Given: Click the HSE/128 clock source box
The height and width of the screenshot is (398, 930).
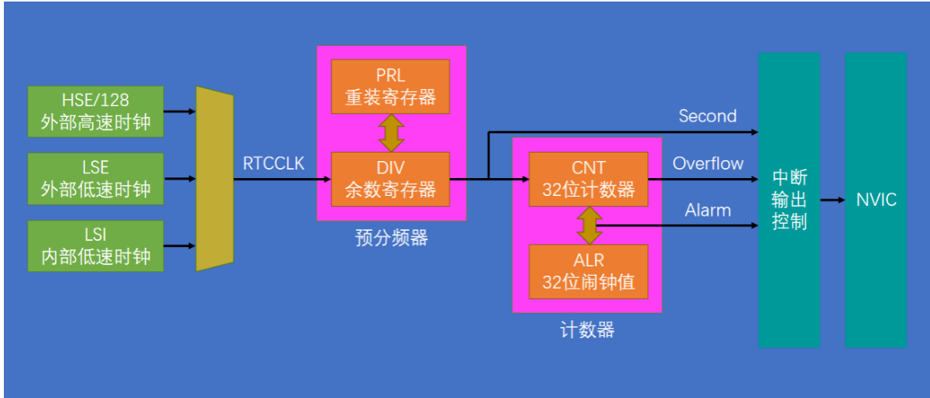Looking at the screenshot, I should tap(95, 111).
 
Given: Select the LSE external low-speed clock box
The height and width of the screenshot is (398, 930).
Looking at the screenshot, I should tap(95, 178).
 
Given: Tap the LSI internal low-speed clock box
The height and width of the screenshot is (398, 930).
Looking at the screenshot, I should tap(95, 245).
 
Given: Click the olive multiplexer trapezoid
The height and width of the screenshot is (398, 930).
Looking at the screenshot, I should tap(214, 179).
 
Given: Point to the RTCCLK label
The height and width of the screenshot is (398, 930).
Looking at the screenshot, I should tap(273, 163).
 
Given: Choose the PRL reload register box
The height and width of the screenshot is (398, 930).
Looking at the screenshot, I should tap(390, 86).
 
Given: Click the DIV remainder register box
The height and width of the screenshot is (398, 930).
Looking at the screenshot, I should tap(390, 178).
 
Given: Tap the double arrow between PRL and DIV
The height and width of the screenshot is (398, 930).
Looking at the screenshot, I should tap(390, 132).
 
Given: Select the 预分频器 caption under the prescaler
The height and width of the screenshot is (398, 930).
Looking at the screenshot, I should tap(392, 238).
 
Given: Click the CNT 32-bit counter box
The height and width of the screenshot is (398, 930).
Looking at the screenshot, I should tap(589, 178).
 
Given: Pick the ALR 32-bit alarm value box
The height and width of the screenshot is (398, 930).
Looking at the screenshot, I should tap(589, 271).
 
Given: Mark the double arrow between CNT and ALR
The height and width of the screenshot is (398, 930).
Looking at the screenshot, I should tap(589, 225).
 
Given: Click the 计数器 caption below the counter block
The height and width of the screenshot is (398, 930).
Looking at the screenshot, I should tap(587, 330).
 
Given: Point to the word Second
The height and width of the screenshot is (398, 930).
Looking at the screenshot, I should tap(707, 116).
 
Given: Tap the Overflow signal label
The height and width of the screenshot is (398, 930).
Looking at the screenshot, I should tap(708, 163).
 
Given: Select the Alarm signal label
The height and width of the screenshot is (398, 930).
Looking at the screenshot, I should tap(708, 210).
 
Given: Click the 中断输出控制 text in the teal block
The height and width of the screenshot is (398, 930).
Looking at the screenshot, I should tap(789, 200).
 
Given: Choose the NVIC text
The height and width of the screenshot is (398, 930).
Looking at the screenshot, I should tap(876, 200).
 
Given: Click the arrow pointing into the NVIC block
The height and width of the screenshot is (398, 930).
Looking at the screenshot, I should tap(832, 200).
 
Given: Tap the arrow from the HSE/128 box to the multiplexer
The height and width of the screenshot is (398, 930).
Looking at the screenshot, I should tap(180, 111).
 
